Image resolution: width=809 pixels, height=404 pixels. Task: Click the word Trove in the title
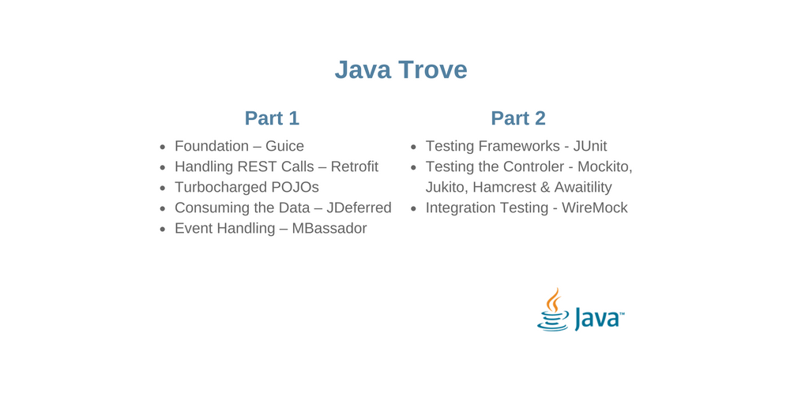(x=432, y=70)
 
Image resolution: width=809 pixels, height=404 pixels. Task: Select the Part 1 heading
(x=272, y=118)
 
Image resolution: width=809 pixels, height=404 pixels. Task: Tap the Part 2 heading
(x=518, y=118)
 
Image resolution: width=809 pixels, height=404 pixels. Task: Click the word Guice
(x=284, y=146)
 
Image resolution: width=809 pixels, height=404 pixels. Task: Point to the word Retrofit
(x=354, y=166)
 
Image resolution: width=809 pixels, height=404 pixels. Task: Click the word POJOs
(x=295, y=187)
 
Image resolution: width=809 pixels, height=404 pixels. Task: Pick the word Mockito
(x=604, y=166)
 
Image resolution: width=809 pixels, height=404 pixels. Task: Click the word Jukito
(x=445, y=187)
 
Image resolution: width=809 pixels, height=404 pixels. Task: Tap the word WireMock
(x=594, y=208)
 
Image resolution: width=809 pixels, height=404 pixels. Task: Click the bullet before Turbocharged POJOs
(x=163, y=188)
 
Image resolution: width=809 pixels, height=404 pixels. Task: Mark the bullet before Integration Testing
(x=413, y=208)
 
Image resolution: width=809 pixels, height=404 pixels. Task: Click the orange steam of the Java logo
(x=555, y=300)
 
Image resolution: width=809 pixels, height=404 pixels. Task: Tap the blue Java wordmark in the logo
(x=598, y=318)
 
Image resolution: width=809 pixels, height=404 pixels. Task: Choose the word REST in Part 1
(x=258, y=166)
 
